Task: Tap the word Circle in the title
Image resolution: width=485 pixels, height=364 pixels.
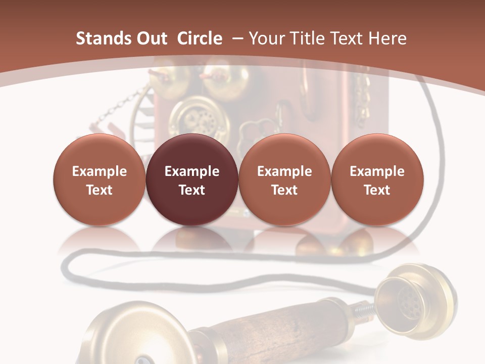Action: pos(200,38)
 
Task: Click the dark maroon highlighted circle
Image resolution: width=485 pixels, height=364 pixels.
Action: pos(192,180)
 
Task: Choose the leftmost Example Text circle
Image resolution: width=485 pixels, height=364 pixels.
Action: pos(100,180)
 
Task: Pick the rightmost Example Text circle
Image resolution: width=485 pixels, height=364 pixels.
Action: pos(377,180)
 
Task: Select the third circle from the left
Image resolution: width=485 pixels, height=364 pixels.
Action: pos(284,180)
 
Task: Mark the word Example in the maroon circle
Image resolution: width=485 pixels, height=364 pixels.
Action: pos(192,171)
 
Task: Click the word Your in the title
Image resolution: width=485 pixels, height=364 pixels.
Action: pos(266,38)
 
